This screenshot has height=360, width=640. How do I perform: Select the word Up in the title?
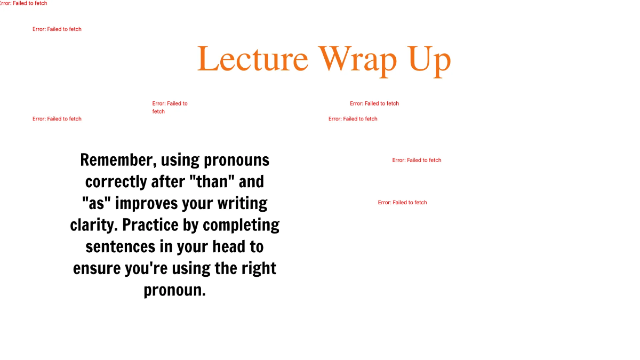[430, 60]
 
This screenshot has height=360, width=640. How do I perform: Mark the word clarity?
[93, 225]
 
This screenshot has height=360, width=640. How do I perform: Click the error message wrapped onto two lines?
[170, 107]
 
